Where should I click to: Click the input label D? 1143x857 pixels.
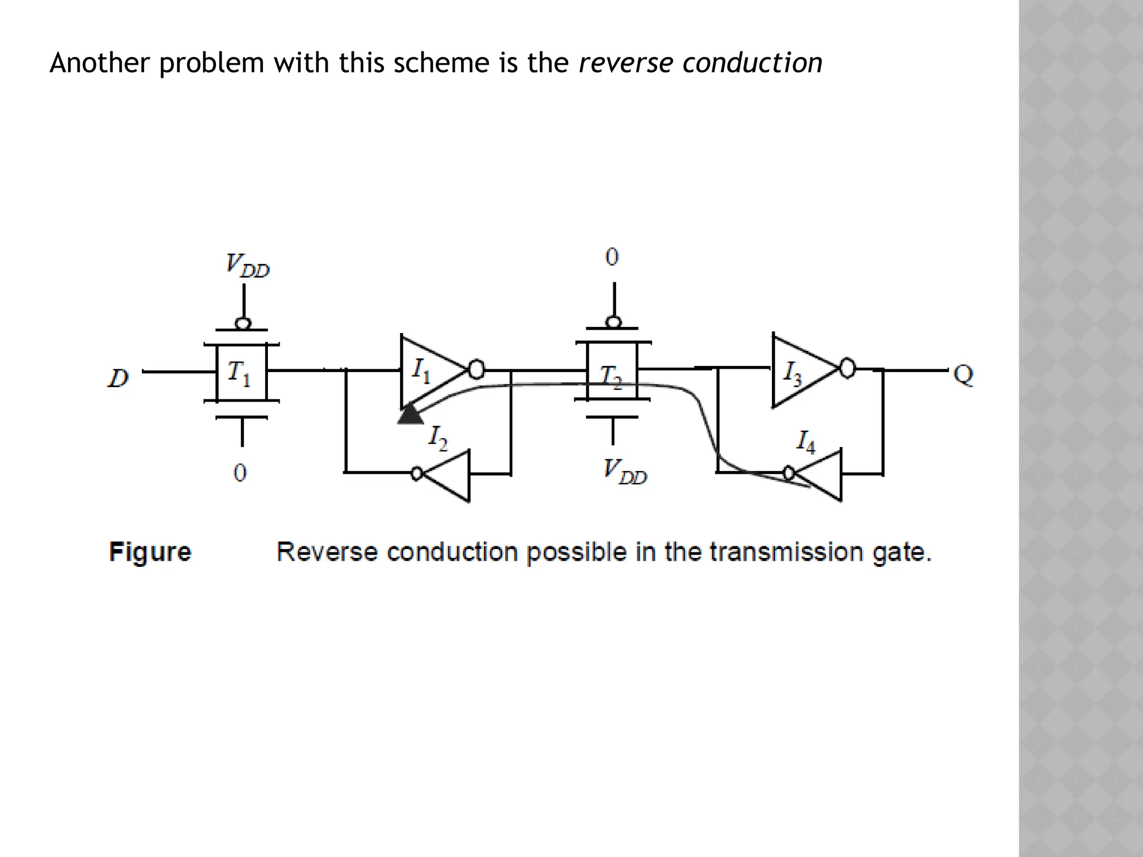pos(118,378)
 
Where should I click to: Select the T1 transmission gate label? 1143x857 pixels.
pos(239,373)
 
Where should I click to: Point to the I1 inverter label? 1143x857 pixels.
pos(421,370)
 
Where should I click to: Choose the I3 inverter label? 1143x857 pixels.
pos(793,373)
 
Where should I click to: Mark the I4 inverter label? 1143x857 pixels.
pos(805,442)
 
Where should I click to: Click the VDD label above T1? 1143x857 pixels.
pos(247,265)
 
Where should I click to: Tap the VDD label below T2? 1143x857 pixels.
pos(625,471)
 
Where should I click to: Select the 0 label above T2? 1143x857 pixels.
pos(612,257)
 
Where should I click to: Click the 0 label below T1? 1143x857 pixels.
pos(239,473)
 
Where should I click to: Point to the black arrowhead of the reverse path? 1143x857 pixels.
pos(411,416)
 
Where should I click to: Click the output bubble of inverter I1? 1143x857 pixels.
pos(476,369)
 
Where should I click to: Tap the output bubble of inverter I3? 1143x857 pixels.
pos(847,368)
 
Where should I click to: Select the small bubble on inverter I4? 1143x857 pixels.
pos(789,473)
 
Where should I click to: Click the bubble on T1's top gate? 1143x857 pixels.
pos(243,324)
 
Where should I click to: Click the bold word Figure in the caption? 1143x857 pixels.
pos(150,552)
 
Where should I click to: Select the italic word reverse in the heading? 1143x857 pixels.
pos(625,62)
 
